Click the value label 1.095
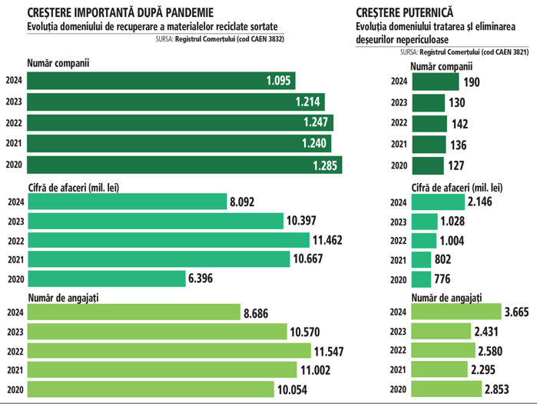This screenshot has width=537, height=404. pos(279,80)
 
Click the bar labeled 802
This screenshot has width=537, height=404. pos(422,259)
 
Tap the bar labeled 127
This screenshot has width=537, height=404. pos(428,165)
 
